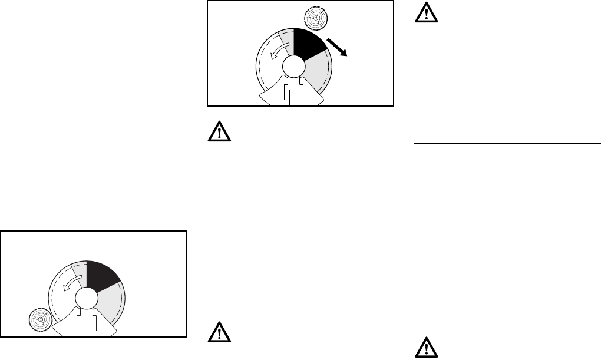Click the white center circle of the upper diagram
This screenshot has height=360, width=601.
pyautogui.click(x=293, y=66)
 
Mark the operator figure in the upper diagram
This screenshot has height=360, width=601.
pyautogui.click(x=293, y=91)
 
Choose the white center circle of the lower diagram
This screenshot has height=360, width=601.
pyautogui.click(x=85, y=298)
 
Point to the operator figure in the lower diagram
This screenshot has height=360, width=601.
pyautogui.click(x=85, y=323)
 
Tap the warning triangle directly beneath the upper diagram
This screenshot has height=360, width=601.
pyautogui.click(x=219, y=132)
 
